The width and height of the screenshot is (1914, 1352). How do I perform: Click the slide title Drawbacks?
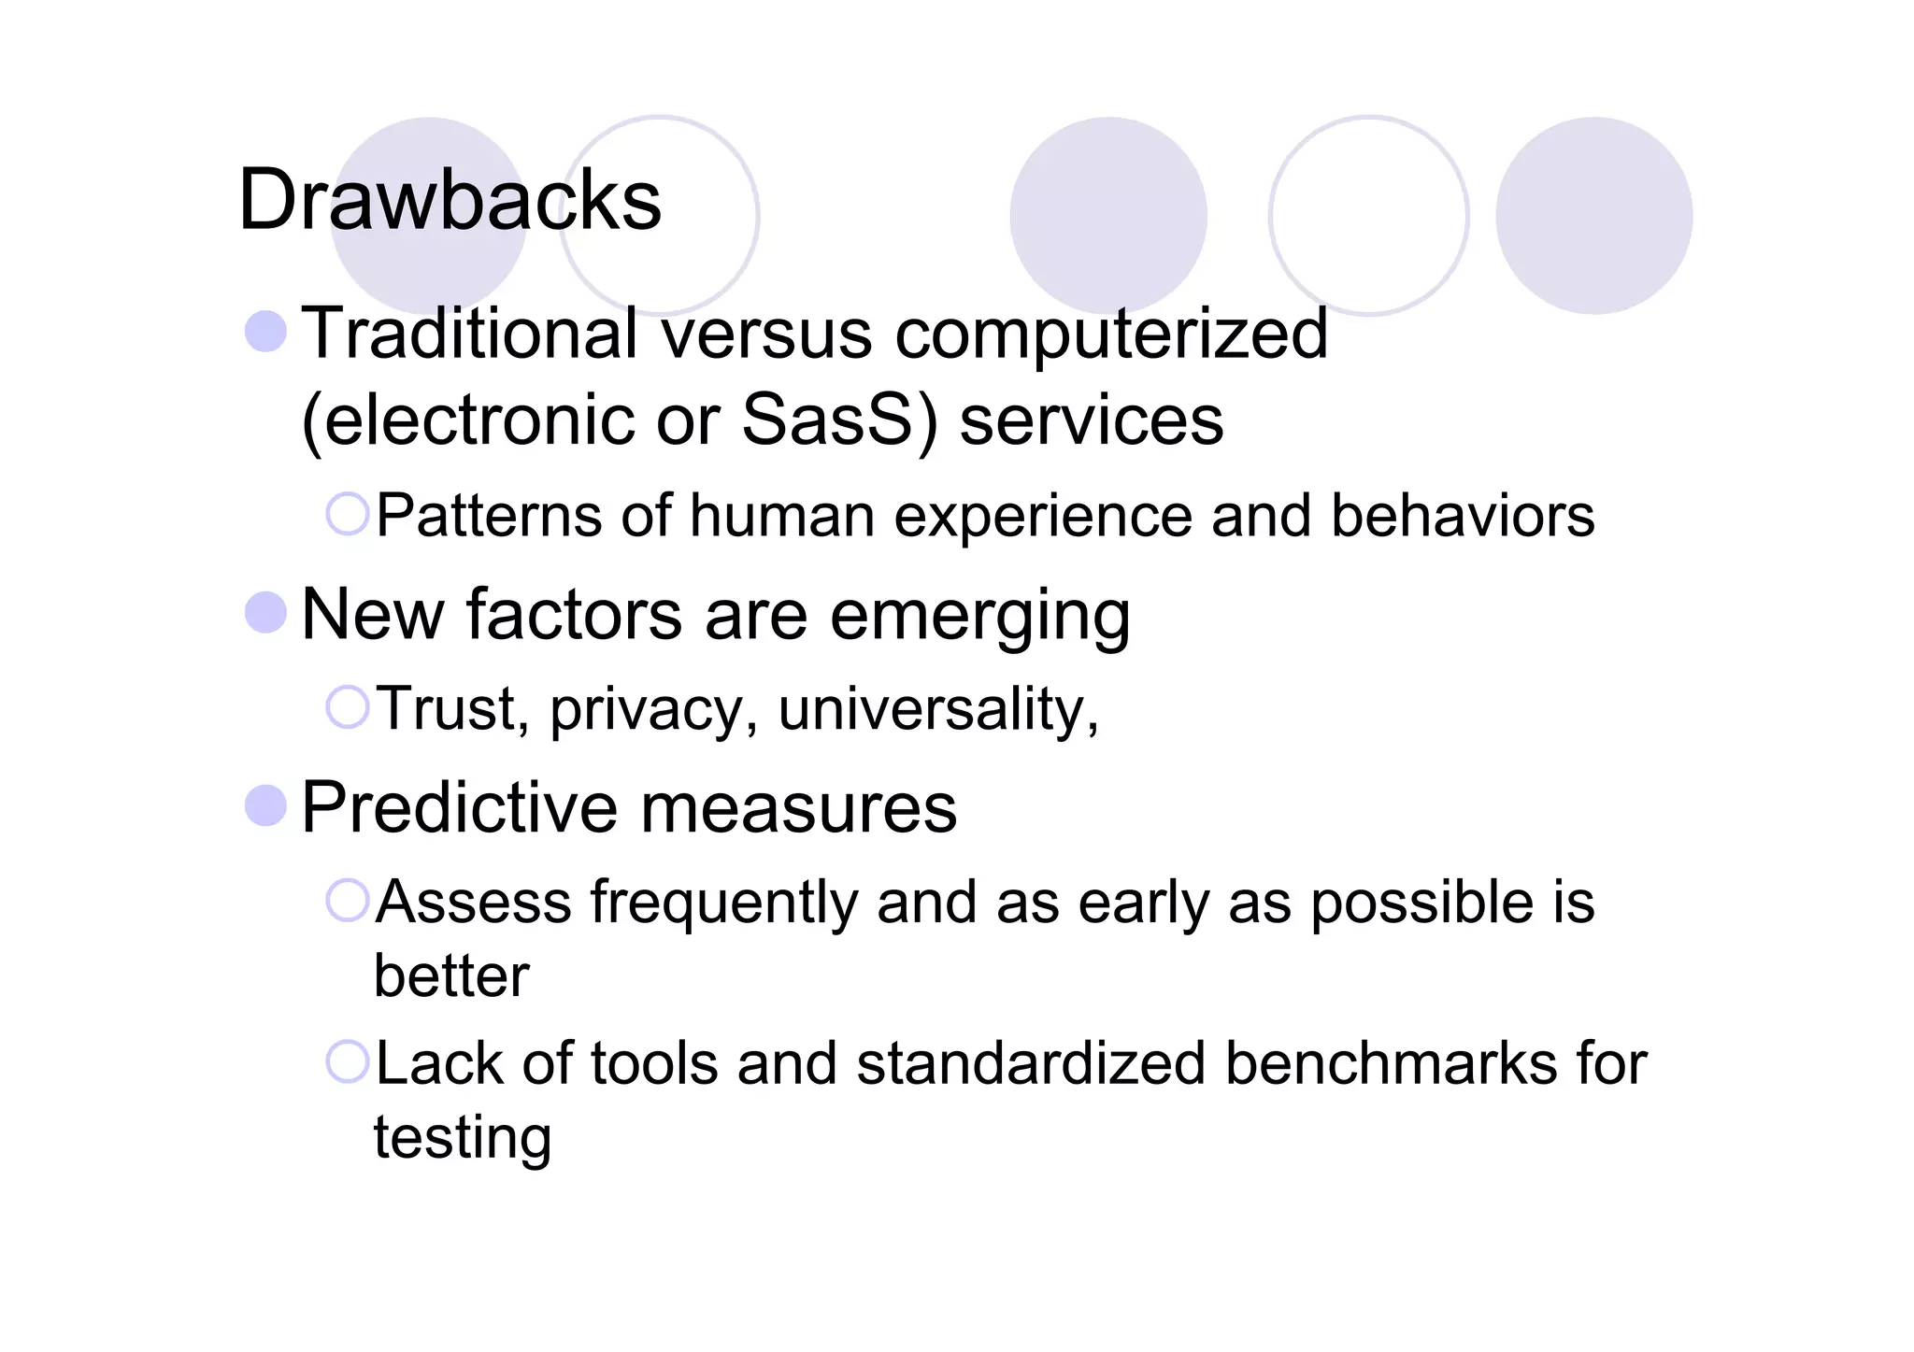pyautogui.click(x=450, y=200)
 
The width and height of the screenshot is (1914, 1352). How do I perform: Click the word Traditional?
pyautogui.click(x=470, y=334)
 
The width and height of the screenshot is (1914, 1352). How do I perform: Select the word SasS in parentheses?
pyautogui.click(x=826, y=420)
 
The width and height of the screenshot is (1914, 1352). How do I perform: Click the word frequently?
pyautogui.click(x=723, y=904)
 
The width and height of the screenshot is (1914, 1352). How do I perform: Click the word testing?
pyautogui.click(x=463, y=1139)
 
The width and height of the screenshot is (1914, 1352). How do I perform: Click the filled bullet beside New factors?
pyautogui.click(x=265, y=613)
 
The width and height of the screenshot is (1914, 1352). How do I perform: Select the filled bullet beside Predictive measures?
pyautogui.click(x=265, y=805)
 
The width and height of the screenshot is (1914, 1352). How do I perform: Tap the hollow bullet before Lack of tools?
pyautogui.click(x=348, y=1061)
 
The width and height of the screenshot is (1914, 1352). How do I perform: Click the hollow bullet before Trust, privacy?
pyautogui.click(x=348, y=706)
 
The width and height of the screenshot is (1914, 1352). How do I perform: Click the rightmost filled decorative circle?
pyautogui.click(x=1593, y=216)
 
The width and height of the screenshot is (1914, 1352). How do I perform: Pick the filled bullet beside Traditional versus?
pyautogui.click(x=265, y=332)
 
